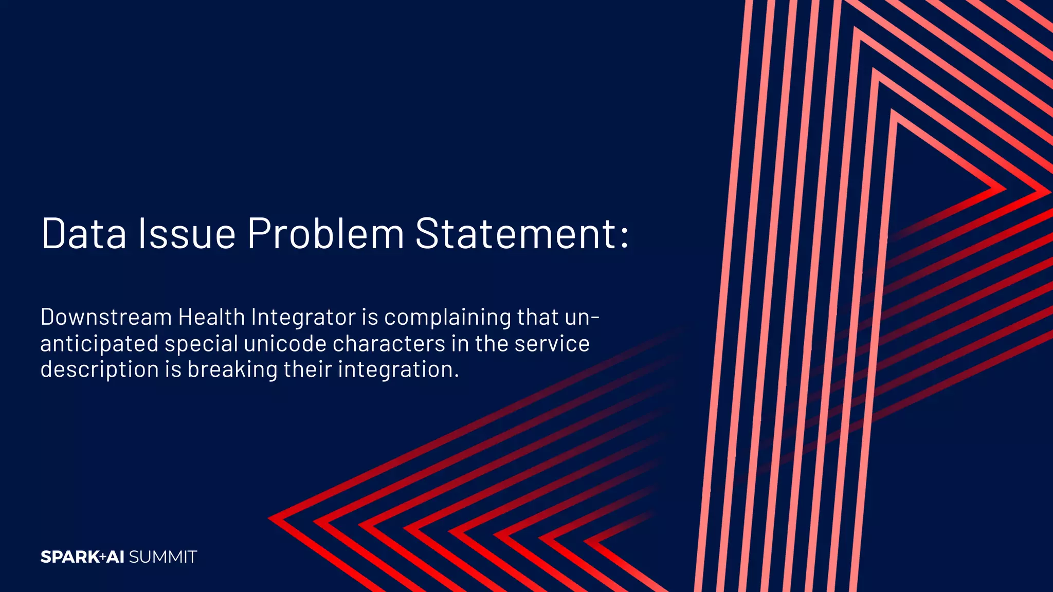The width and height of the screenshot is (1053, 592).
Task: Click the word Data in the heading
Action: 84,234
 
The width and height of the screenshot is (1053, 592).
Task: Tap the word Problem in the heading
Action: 326,234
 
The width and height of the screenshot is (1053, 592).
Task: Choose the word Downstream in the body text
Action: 106,317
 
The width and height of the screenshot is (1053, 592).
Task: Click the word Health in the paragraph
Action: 211,317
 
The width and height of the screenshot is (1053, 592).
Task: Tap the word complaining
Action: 447,318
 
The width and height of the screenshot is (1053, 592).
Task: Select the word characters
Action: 389,344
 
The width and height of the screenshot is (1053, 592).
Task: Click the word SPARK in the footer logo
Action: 70,557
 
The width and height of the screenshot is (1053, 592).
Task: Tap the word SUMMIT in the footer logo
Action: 162,557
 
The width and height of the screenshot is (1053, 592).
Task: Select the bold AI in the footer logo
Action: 116,557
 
